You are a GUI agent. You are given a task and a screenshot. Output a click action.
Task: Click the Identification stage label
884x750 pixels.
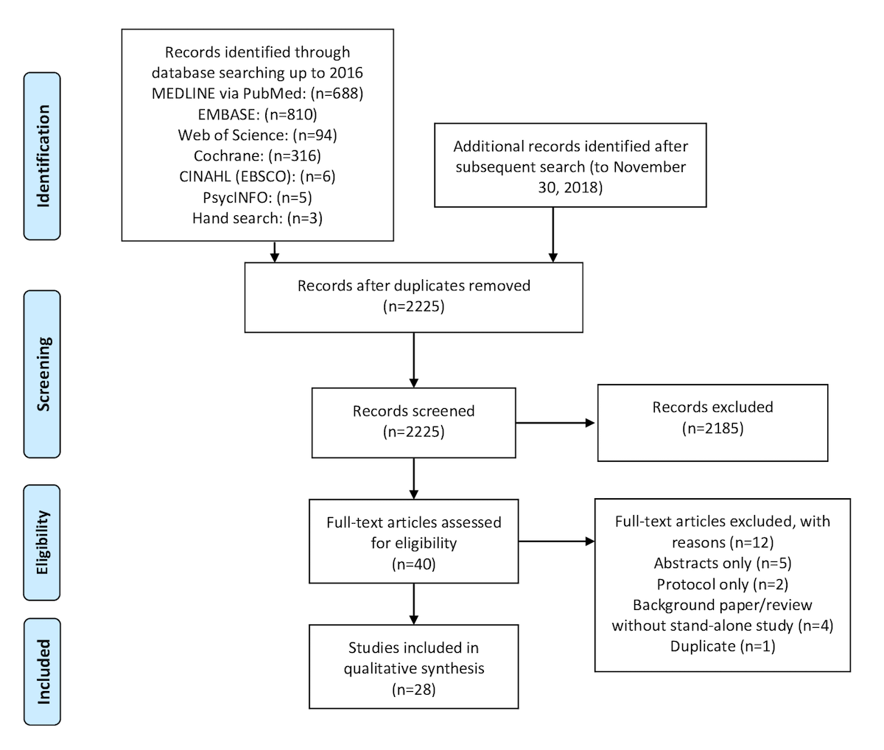(x=42, y=156)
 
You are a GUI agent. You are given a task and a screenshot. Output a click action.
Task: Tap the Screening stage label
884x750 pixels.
(x=42, y=374)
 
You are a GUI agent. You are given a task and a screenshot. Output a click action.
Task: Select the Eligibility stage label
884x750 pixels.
(x=42, y=542)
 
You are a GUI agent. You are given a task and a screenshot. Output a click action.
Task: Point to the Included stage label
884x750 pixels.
(x=42, y=672)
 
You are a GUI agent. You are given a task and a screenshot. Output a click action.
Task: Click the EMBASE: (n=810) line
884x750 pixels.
(x=257, y=114)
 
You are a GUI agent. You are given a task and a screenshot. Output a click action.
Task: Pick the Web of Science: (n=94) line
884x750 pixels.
(x=257, y=136)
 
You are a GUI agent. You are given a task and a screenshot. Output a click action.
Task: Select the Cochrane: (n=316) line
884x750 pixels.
(x=257, y=155)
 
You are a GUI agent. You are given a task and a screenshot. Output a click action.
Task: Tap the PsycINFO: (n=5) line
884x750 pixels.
(x=257, y=197)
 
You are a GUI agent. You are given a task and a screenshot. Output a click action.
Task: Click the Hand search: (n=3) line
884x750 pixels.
(x=257, y=218)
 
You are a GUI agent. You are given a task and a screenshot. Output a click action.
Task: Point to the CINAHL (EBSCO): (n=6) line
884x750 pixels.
(x=257, y=177)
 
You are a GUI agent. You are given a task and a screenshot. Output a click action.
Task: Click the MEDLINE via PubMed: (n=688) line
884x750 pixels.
(x=257, y=94)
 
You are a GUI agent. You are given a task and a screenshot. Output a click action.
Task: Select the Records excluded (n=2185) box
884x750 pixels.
(x=712, y=423)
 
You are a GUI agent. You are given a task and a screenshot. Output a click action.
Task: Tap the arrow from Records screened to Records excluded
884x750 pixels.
(x=555, y=423)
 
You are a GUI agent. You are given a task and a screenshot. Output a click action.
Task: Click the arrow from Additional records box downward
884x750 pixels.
(x=553, y=234)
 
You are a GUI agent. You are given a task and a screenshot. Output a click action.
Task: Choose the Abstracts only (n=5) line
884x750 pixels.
(x=723, y=563)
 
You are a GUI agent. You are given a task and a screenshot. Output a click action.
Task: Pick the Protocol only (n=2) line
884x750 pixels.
(x=723, y=584)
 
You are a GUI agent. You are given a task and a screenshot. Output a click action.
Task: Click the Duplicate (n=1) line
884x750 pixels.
(x=723, y=646)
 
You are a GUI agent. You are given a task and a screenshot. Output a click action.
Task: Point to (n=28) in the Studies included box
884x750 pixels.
(x=414, y=690)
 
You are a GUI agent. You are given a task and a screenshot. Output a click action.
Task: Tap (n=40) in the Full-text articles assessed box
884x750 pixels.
(x=414, y=564)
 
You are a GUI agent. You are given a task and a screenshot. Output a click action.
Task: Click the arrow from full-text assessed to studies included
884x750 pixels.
(x=414, y=603)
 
